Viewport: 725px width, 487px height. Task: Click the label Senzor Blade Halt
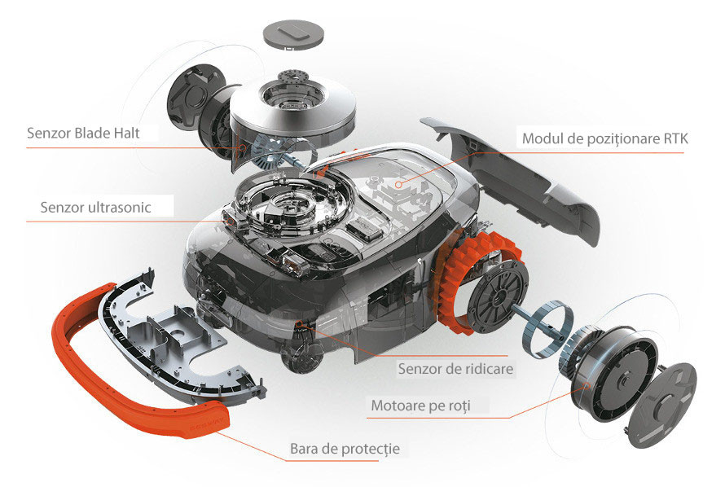click(x=83, y=133)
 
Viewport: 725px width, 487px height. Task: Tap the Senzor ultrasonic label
click(x=95, y=207)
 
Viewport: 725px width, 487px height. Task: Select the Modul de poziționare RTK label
click(x=605, y=138)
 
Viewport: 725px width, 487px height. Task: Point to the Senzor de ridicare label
click(x=455, y=369)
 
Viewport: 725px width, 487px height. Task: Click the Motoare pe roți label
click(x=421, y=406)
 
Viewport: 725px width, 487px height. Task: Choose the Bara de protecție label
click(x=345, y=449)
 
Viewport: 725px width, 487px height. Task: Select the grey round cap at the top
click(x=293, y=33)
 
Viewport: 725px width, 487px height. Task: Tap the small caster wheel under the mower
click(x=301, y=356)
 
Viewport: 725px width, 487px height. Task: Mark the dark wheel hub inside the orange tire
click(x=497, y=294)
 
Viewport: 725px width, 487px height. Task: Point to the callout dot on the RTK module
click(x=398, y=184)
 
